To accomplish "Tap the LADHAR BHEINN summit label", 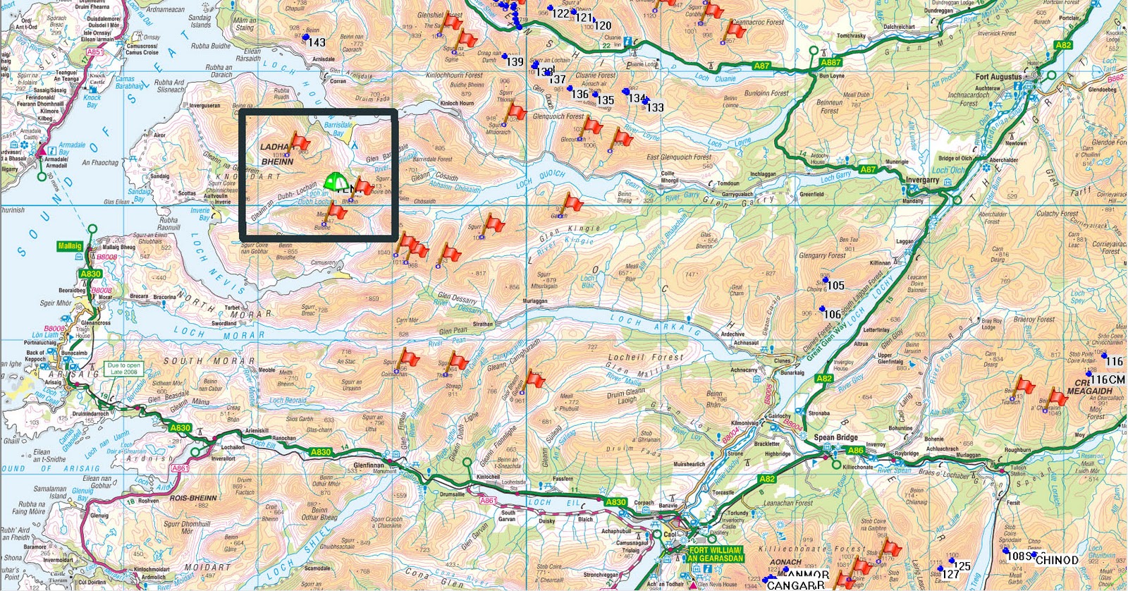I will [x=276, y=154].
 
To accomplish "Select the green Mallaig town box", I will [x=70, y=246].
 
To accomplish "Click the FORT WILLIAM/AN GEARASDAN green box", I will [x=715, y=554].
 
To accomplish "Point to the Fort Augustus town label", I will [x=998, y=76].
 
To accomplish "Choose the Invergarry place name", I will [x=922, y=180].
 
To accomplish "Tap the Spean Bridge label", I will [x=835, y=437].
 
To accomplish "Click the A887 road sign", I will [x=830, y=62].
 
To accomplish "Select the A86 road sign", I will [x=855, y=450].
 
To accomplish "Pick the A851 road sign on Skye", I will [x=94, y=51].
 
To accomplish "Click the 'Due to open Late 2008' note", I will [x=123, y=368].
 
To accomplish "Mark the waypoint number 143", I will [x=317, y=42].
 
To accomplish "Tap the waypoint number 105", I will [x=835, y=286].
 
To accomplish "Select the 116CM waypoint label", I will [x=1108, y=379].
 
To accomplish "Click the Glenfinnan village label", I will [x=368, y=465].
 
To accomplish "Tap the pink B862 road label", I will [x=1115, y=79].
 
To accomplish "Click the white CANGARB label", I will [x=795, y=585].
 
